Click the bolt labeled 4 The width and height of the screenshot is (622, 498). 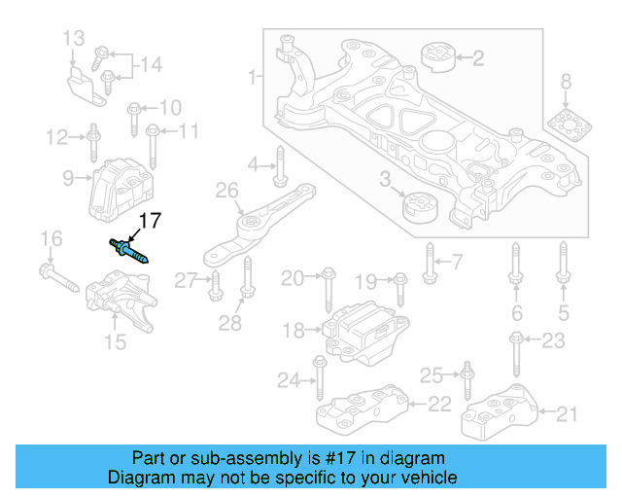pyautogui.click(x=279, y=165)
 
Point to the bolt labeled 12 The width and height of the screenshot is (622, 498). pyautogui.click(x=92, y=142)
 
